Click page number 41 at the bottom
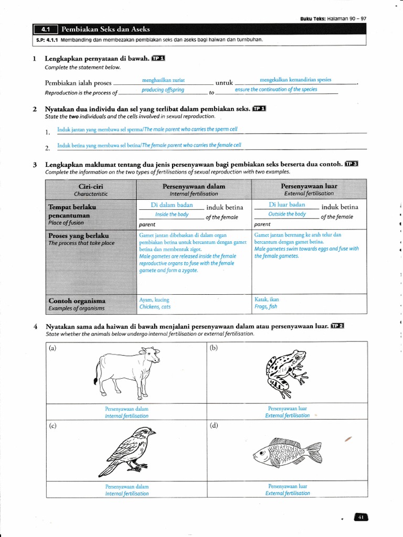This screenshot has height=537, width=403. click(x=361, y=517)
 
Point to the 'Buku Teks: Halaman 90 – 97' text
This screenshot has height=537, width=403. click(x=333, y=18)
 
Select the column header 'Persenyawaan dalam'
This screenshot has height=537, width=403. click(x=194, y=186)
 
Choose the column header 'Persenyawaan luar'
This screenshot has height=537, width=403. click(x=309, y=186)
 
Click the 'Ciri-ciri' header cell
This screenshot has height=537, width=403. click(x=91, y=186)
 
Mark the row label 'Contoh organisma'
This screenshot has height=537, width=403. click(x=77, y=301)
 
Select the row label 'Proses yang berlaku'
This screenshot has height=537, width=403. click(x=78, y=235)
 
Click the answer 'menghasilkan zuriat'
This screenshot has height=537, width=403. click(x=163, y=80)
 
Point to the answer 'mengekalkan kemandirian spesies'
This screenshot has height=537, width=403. click(x=295, y=80)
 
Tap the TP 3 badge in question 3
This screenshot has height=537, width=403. click(x=351, y=164)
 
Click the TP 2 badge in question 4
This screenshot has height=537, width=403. click(x=337, y=326)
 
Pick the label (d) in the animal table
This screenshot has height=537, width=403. click(x=214, y=425)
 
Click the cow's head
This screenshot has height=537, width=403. click(x=153, y=356)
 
